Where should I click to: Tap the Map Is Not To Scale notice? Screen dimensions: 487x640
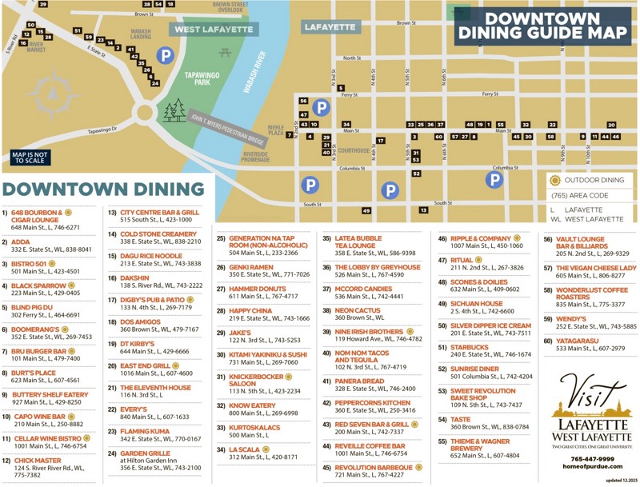(30, 158)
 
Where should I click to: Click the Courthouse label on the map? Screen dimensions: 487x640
(353, 150)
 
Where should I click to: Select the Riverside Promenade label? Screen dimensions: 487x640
(256, 157)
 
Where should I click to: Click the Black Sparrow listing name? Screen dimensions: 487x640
(39, 285)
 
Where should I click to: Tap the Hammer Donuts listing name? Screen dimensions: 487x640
(257, 289)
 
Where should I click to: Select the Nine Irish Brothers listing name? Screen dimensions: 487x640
(369, 331)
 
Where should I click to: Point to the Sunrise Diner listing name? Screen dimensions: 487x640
(474, 369)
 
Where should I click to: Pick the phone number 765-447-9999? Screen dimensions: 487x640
(593, 459)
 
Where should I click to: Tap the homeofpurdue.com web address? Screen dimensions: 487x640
(593, 468)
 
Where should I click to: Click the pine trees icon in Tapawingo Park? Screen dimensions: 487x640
(174, 110)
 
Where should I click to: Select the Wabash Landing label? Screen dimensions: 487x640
(141, 34)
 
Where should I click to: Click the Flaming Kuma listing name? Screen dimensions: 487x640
(145, 431)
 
